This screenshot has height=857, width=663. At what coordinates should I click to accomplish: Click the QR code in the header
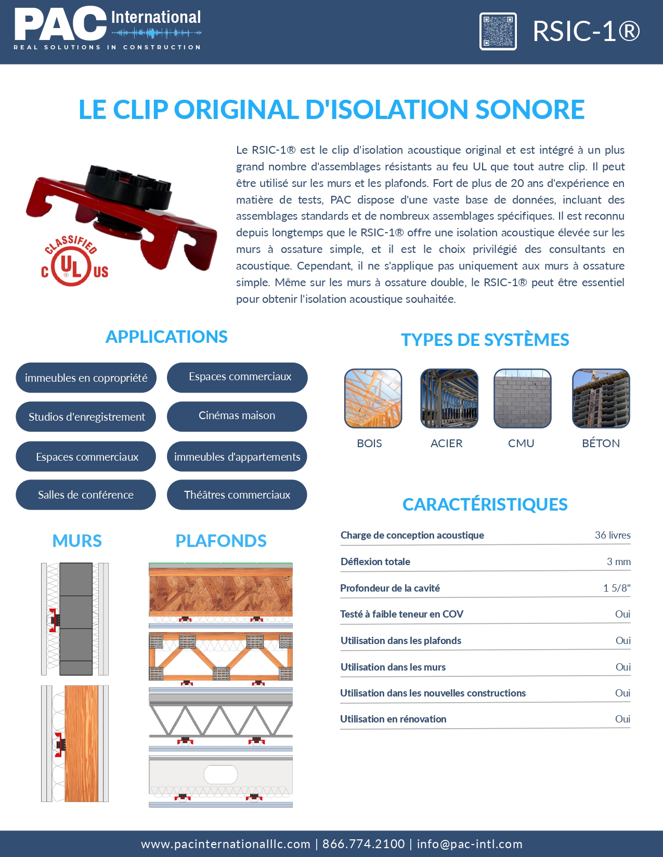point(498,31)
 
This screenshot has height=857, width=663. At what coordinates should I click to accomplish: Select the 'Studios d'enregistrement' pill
point(86,417)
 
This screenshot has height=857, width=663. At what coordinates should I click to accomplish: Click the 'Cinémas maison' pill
point(237,416)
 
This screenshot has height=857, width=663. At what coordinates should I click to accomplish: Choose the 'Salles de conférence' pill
point(86,494)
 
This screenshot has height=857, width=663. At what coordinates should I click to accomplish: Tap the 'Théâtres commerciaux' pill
point(237,494)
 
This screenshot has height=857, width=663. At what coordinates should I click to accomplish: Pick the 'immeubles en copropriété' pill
point(86,378)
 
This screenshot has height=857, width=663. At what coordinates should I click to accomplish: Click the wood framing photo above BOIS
point(373,398)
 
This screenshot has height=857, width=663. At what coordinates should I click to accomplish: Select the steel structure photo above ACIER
point(449,398)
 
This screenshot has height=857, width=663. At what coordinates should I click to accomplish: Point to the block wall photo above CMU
point(522,398)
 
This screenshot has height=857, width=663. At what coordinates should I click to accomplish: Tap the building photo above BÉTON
point(601,398)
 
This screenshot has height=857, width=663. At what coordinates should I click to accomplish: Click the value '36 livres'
point(612,535)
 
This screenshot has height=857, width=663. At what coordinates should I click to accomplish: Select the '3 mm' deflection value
point(618,561)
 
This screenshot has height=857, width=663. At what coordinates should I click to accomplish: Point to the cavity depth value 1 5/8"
point(616,588)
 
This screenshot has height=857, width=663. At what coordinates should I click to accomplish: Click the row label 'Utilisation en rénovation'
point(393,719)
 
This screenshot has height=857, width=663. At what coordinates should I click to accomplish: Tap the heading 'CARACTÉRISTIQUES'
point(485,504)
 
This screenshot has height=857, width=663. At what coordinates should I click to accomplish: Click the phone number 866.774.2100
point(363,844)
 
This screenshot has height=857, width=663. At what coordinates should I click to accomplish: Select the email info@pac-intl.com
point(469,844)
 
